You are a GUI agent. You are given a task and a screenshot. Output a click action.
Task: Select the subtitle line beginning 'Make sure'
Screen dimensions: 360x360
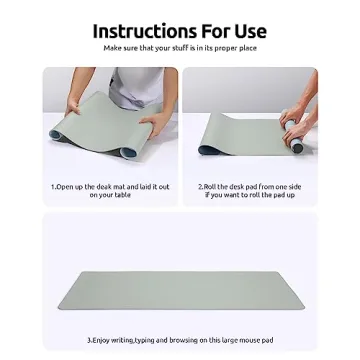[x=180, y=48]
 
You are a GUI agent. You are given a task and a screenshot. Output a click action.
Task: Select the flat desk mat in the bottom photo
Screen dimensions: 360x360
[x=180, y=290]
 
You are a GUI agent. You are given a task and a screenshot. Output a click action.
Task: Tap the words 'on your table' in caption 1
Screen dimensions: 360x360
[x=110, y=195]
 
